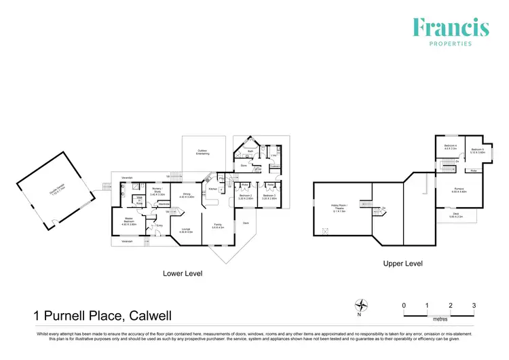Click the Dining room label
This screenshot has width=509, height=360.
[187, 195]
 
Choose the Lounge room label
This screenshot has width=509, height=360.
[187, 230]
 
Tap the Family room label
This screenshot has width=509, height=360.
[218, 225]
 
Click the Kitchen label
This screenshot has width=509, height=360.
[212, 189]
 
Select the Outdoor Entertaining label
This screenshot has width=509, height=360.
[202, 152]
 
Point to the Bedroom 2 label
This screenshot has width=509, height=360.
[246, 197]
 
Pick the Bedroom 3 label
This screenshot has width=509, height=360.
[270, 197]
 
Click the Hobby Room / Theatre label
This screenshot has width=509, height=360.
[339, 206]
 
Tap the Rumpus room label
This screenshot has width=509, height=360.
[459, 191]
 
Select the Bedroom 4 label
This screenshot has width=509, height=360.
[450, 147]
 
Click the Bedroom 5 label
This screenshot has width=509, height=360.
[476, 151]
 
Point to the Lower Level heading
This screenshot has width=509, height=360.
[183, 273]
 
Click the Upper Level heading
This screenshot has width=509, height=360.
[403, 263]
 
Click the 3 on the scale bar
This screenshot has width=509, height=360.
[474, 306]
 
